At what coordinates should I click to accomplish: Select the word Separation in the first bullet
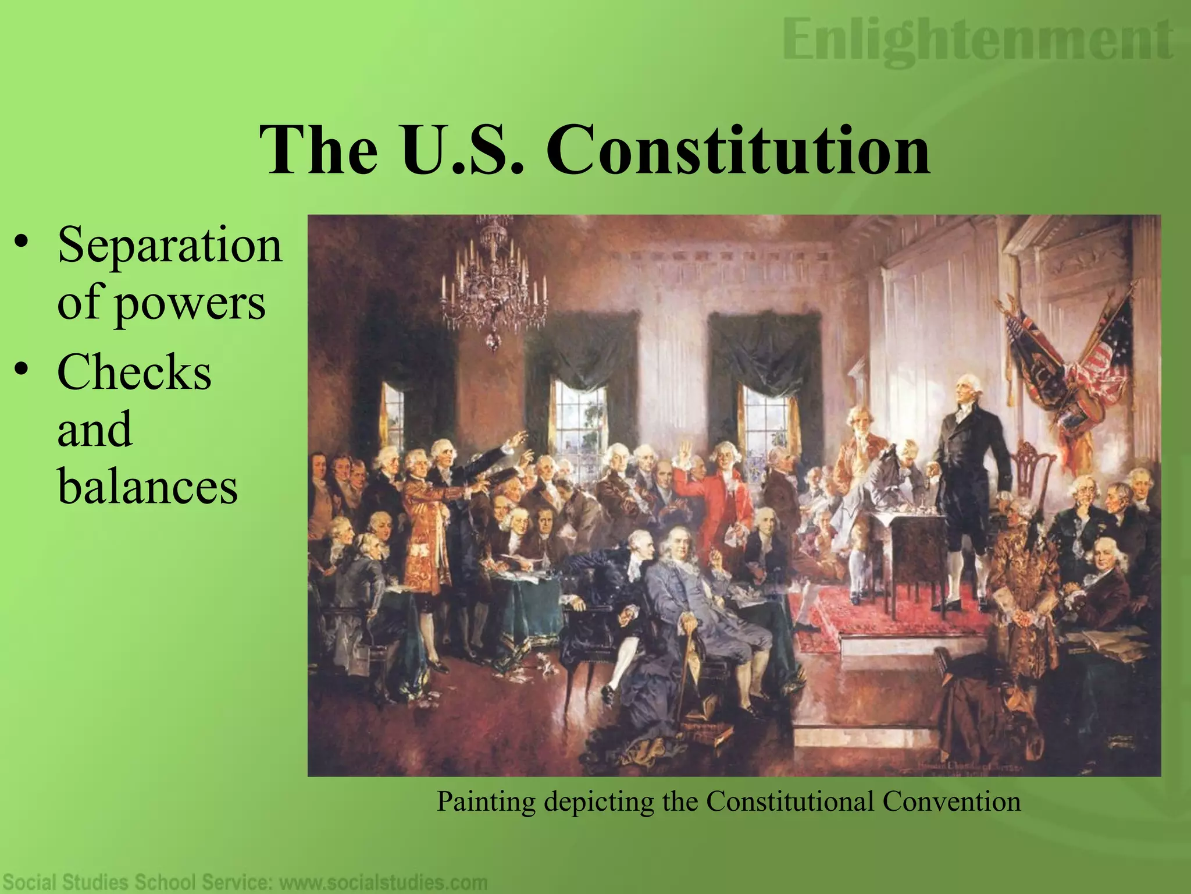(x=169, y=245)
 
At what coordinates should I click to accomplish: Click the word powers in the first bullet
(x=190, y=304)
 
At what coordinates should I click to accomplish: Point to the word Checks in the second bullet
(x=134, y=372)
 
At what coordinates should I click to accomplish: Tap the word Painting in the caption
(x=486, y=802)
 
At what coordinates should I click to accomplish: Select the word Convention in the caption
(x=951, y=802)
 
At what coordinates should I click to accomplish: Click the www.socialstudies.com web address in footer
(x=384, y=882)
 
